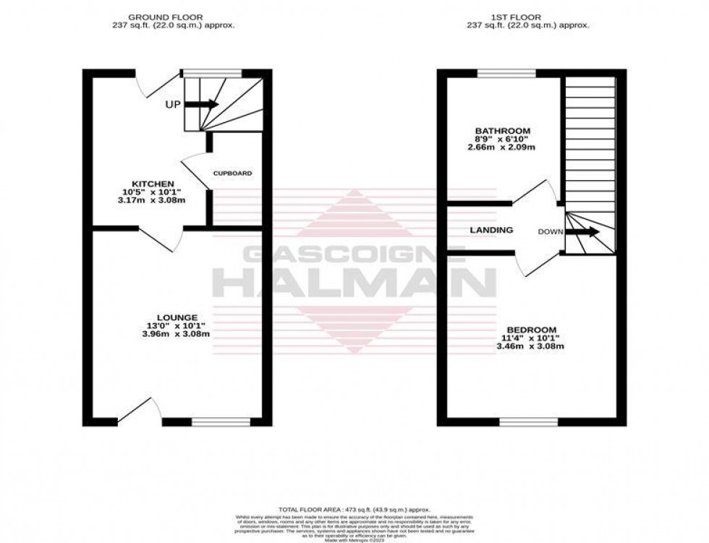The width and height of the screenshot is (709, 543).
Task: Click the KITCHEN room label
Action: [153, 184]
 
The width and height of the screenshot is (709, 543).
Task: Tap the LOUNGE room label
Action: [177, 317]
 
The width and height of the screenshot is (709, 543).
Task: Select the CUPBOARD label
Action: [232, 174]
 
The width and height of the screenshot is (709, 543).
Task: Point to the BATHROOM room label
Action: [503, 130]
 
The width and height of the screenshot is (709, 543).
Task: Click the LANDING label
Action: [491, 230]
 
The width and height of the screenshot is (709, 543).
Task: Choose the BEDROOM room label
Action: [530, 329]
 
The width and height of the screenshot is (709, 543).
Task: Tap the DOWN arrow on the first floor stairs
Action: [582, 232]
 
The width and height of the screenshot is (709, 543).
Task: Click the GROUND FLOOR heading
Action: [165, 17]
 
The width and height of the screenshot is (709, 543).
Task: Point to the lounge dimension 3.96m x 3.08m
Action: [176, 334]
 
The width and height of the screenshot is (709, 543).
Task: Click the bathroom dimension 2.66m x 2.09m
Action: [501, 147]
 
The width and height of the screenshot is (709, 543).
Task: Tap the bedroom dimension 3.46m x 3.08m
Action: [530, 346]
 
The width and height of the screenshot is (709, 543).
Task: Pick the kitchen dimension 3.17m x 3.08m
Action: [153, 200]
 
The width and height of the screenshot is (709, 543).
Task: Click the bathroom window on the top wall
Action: [506, 72]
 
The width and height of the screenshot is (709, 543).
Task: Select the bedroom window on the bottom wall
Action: [529, 422]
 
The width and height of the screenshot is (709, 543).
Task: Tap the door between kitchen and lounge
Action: [161, 237]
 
